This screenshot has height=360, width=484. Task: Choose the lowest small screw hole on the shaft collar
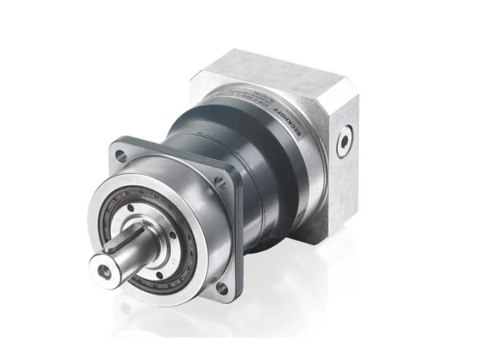[160, 275]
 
